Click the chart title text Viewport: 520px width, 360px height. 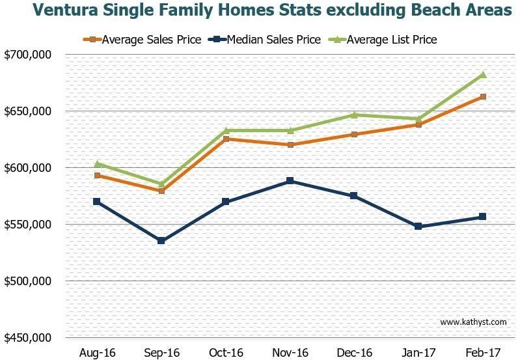click(272, 11)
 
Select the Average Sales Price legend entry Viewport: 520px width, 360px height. click(143, 40)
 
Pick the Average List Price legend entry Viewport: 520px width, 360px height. click(384, 40)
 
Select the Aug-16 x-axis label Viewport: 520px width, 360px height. click(97, 352)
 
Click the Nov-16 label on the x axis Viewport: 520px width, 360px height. click(290, 352)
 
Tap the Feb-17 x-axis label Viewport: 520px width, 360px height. click(482, 352)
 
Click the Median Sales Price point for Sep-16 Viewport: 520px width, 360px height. click(161, 241)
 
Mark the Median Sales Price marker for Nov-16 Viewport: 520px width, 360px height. click(290, 181)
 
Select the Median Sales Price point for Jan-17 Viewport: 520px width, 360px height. click(418, 227)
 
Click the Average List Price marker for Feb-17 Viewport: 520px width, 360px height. click(482, 75)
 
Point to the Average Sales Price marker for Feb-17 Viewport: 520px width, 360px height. click(482, 97)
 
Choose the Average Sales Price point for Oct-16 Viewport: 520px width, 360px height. click(226, 139)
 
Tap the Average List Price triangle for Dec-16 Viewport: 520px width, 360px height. click(354, 115)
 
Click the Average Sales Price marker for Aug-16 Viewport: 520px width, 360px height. click(97, 175)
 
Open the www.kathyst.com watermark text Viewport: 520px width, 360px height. click(472, 322)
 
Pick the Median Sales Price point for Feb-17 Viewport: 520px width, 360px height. click(482, 217)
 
